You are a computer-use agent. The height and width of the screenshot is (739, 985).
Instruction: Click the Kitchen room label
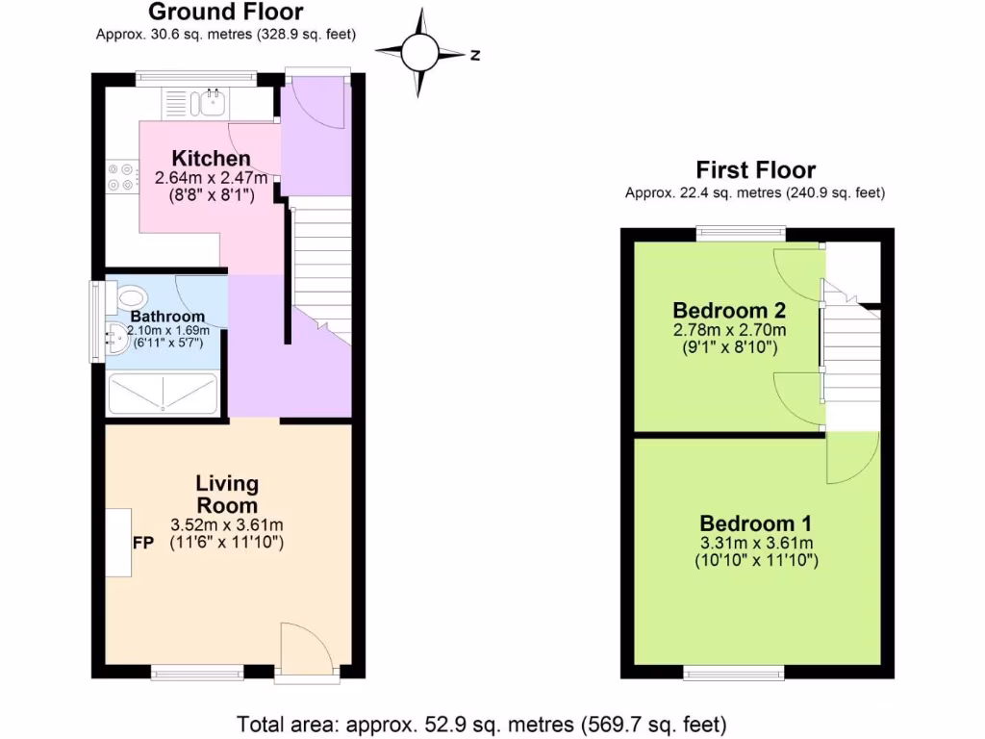[x=211, y=159]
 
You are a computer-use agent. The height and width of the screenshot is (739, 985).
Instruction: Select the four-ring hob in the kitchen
[x=122, y=178]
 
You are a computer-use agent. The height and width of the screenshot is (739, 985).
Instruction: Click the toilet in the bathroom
[x=125, y=296]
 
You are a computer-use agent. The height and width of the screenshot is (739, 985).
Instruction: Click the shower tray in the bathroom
[x=163, y=394]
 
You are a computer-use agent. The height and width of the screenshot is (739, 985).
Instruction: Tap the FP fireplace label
[x=143, y=543]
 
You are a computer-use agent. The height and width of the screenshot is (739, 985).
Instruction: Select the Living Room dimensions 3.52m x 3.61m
[x=227, y=524]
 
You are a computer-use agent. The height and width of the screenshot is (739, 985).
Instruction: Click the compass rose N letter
[x=474, y=55]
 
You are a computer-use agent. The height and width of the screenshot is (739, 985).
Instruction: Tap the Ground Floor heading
[x=227, y=13]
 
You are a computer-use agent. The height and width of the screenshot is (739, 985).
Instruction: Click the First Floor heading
[x=755, y=170]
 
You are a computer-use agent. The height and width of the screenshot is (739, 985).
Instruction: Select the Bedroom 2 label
[x=729, y=311]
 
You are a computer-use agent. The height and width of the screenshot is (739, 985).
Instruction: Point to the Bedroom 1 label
[x=755, y=523]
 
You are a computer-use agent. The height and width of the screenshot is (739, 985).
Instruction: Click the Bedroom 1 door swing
[x=851, y=457]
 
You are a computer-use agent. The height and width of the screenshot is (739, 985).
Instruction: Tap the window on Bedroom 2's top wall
[x=741, y=231]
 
